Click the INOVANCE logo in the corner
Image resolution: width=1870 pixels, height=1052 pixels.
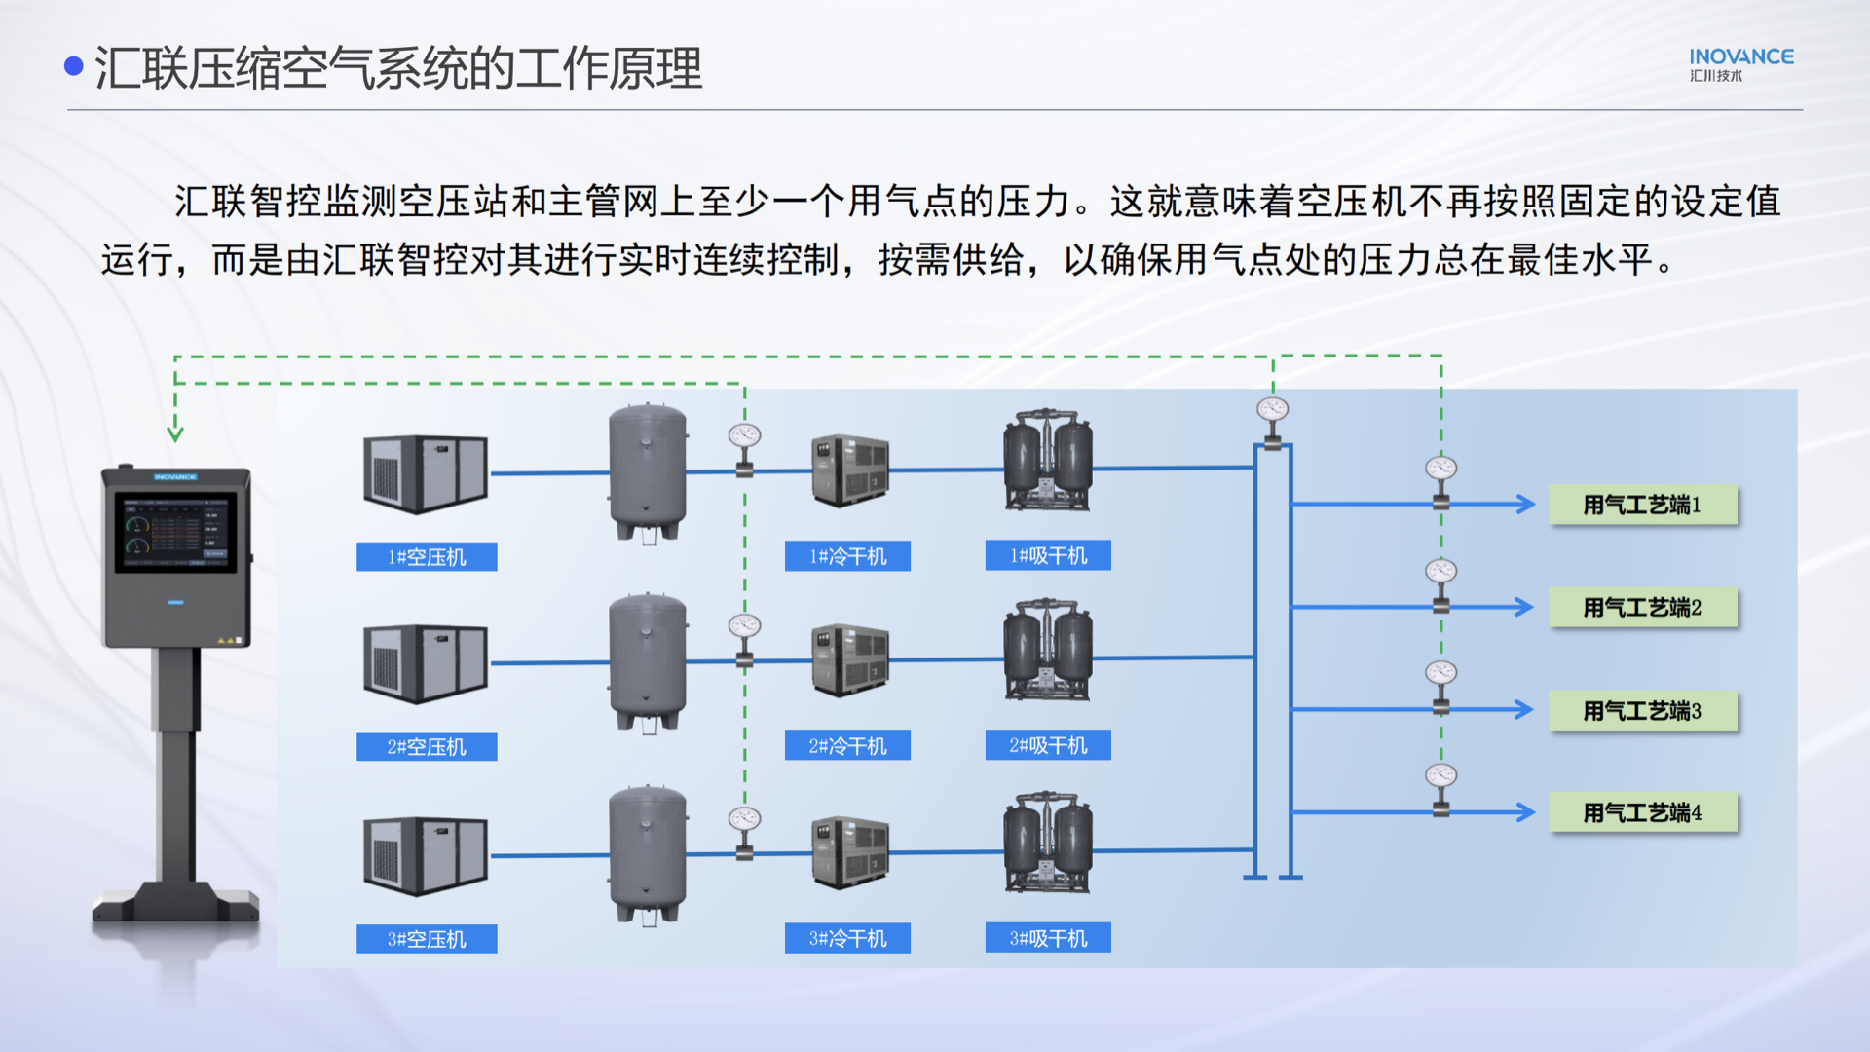[1741, 64]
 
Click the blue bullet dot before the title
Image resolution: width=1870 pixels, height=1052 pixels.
[74, 66]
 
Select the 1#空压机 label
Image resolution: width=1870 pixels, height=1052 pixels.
[427, 557]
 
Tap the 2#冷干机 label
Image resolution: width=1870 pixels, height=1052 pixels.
[847, 746]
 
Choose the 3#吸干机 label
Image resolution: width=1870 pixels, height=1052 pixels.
[1048, 938]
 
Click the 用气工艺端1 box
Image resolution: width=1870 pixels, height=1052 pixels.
[1643, 505]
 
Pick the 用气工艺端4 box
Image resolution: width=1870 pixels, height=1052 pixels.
[1643, 812]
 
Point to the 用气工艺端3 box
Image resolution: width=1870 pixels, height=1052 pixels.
[1643, 711]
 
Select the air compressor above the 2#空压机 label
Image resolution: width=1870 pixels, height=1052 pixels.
[426, 662]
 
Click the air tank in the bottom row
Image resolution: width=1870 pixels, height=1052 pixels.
[648, 855]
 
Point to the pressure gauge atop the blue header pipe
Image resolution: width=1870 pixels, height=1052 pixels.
[1272, 409]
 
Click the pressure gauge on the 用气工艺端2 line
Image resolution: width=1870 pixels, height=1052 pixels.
[1441, 571]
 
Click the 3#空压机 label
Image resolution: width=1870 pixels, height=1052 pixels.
[427, 939]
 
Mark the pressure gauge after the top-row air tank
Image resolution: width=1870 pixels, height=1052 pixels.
[744, 435]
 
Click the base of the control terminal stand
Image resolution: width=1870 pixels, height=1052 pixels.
[176, 902]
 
